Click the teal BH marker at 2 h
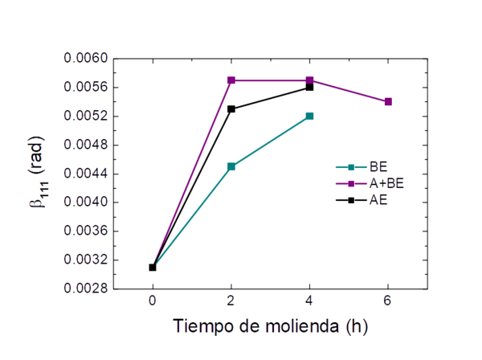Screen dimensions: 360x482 click(231, 166)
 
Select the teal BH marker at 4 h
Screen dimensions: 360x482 click(310, 116)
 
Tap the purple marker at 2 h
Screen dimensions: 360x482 click(231, 80)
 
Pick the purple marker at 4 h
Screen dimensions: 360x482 click(310, 80)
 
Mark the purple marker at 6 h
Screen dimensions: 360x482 click(389, 101)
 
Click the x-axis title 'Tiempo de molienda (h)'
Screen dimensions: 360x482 click(272, 327)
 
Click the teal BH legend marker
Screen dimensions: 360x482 click(350, 168)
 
